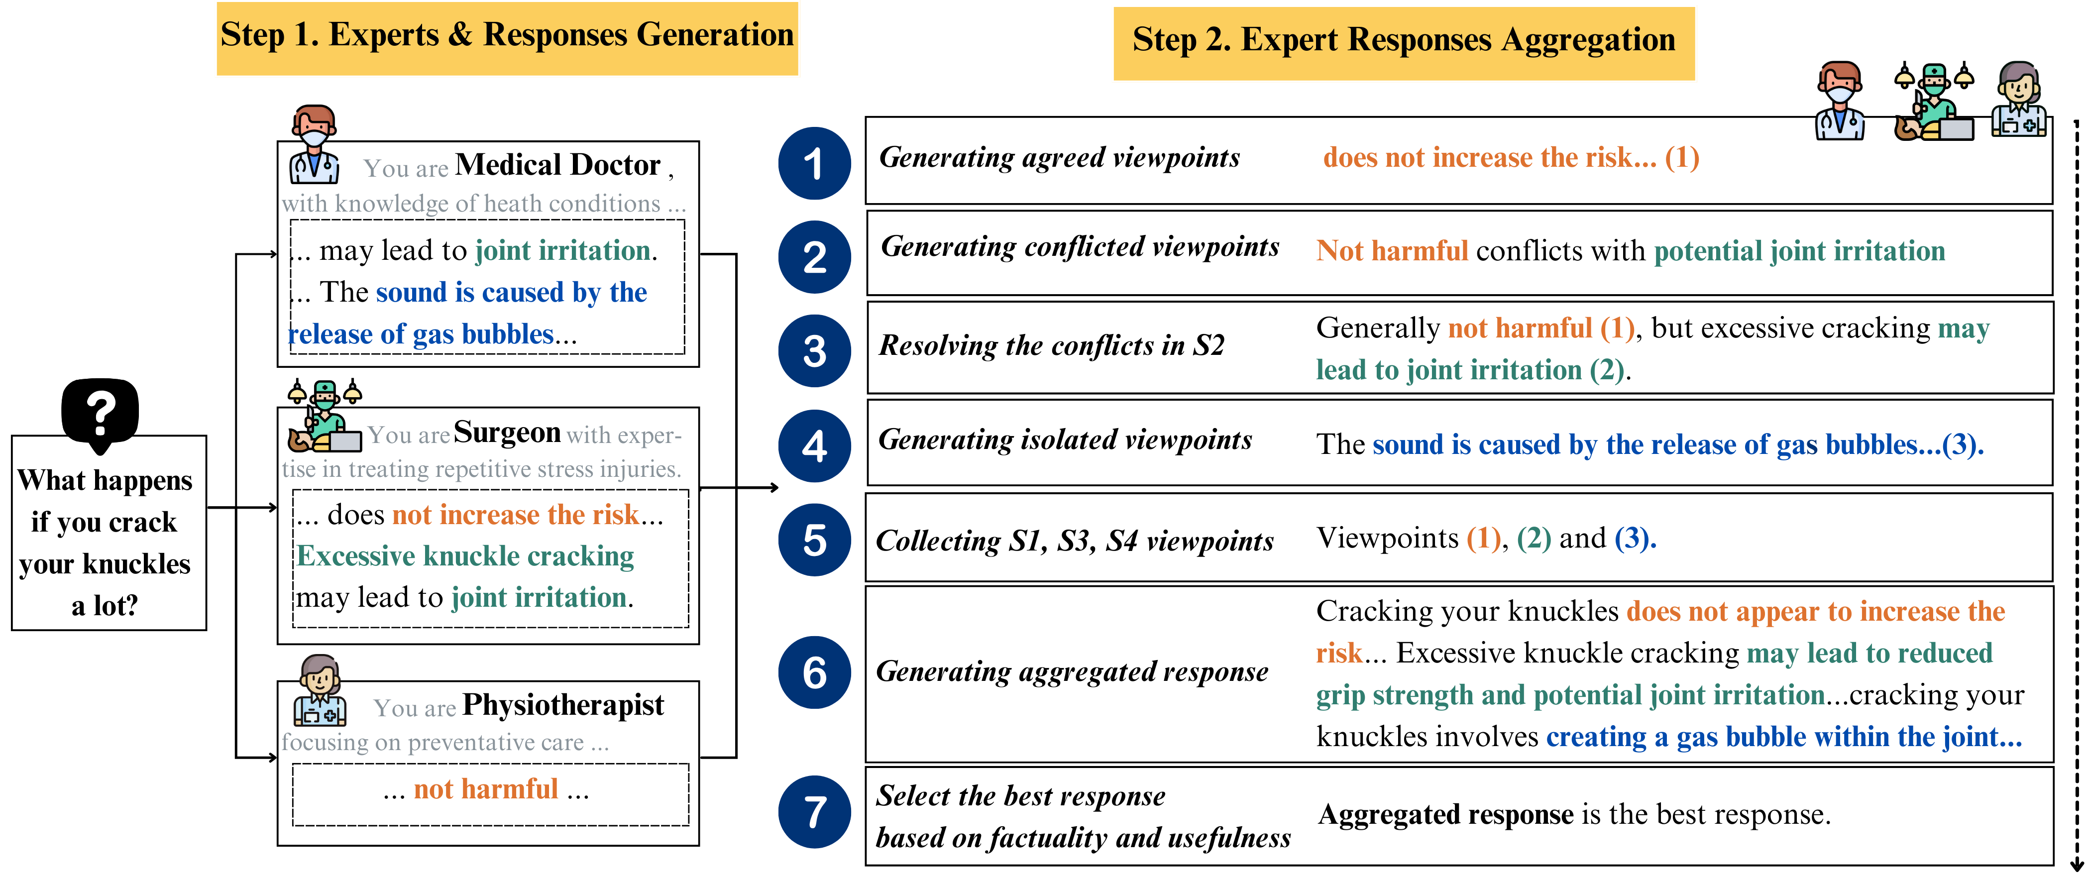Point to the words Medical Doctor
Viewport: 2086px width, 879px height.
557,165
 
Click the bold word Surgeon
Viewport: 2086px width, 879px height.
507,433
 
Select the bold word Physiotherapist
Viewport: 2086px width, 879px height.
563,705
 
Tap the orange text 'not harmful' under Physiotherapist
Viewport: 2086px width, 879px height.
486,789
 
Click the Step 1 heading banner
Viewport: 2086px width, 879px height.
507,37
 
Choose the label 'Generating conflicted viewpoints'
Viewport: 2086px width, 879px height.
1080,246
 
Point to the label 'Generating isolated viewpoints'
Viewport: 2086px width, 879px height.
1065,440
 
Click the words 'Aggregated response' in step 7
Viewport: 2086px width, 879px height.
1445,814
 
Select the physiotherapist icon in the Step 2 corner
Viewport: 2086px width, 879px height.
2019,99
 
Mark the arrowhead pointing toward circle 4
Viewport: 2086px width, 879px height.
773,488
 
